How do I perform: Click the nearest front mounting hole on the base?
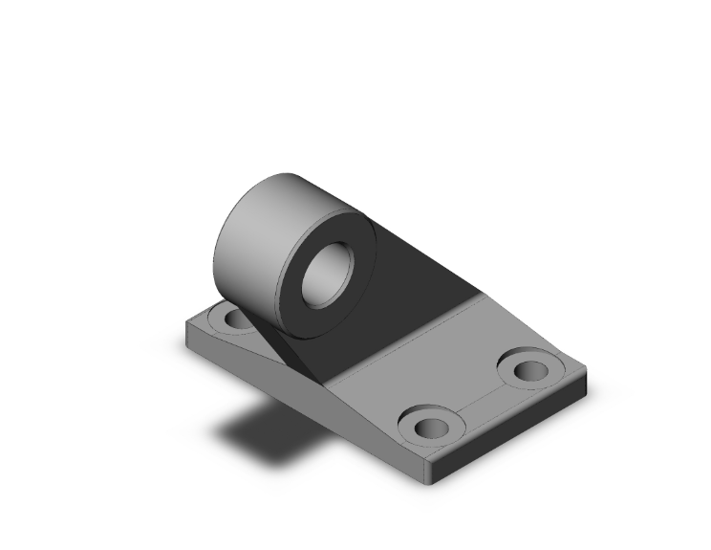point(425,424)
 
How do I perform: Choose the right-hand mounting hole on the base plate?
point(528,369)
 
